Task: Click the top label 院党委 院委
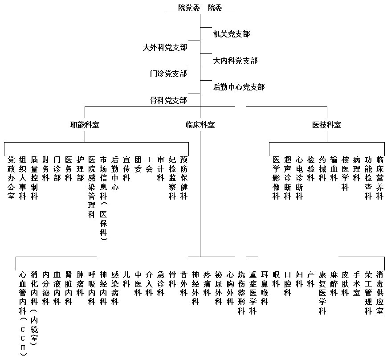click(200, 8)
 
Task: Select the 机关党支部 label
click(232, 34)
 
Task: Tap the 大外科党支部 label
click(165, 47)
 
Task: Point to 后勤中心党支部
click(239, 87)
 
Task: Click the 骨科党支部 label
click(168, 101)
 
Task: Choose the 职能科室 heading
click(85, 125)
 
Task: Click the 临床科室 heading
click(200, 125)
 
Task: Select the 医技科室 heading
click(327, 125)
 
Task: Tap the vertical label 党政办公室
click(11, 178)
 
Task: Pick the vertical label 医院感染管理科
click(92, 187)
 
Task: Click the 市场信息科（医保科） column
click(103, 198)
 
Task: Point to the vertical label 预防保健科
click(184, 178)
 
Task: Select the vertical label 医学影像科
click(276, 178)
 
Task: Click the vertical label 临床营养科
click(380, 178)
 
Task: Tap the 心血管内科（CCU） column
click(23, 314)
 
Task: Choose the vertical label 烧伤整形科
click(241, 293)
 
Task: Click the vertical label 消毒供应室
click(380, 293)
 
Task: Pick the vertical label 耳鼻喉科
click(265, 288)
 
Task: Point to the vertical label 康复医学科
click(322, 293)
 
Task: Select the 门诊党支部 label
click(168, 74)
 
